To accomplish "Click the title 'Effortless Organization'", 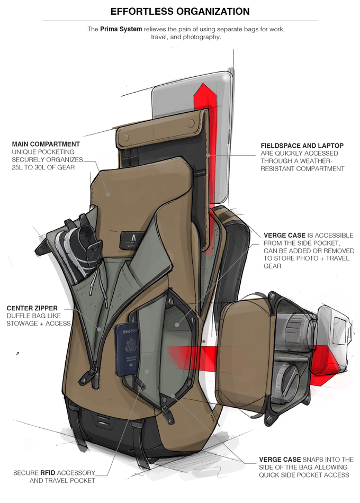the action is click(x=180, y=12).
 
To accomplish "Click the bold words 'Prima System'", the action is click(x=121, y=29).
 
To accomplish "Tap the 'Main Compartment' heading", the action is click(x=46, y=145).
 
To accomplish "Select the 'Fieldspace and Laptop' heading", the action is click(x=302, y=146).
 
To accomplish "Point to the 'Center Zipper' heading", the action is click(x=32, y=308).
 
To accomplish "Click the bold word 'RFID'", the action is click(x=48, y=473).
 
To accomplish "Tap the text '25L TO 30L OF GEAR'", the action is click(x=43, y=167).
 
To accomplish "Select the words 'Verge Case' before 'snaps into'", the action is click(x=280, y=460).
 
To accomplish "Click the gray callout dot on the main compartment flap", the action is click(x=109, y=194).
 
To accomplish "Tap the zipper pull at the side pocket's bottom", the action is click(x=167, y=415).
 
